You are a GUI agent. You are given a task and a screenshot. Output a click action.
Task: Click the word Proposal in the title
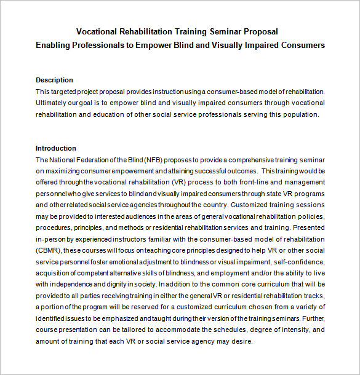pyautogui.click(x=262, y=31)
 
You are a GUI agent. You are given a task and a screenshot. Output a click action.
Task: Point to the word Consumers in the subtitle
pyautogui.click(x=302, y=45)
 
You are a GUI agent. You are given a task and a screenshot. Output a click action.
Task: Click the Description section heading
pyautogui.click(x=54, y=80)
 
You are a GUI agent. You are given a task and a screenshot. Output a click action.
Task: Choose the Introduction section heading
pyautogui.click(x=56, y=148)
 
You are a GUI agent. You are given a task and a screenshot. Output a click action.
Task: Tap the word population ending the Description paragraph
pyautogui.click(x=302, y=114)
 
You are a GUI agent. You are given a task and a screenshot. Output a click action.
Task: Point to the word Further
pyautogui.click(x=311, y=318)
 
